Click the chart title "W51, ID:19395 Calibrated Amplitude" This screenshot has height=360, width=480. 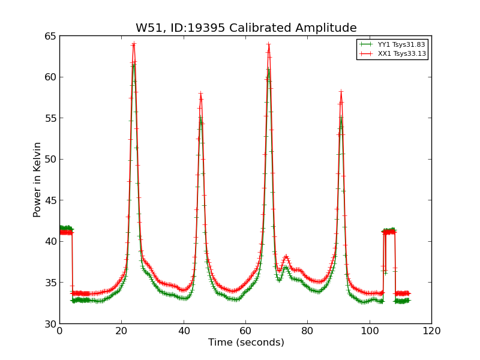point(246,28)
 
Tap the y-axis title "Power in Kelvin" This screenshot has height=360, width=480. point(37,179)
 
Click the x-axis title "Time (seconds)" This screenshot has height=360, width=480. point(246,343)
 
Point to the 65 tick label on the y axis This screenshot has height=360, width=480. point(50,36)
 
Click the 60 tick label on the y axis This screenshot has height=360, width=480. point(50,77)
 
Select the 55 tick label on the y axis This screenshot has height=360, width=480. point(50,118)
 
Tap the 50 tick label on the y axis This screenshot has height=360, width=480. point(50,159)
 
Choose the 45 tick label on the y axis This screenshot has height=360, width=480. point(50,200)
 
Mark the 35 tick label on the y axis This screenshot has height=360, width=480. point(50,283)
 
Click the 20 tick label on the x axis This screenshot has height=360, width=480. point(122,331)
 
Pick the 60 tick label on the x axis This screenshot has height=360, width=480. point(245,331)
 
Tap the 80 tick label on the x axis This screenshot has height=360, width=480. point(308,331)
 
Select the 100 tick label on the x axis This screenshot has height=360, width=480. point(370,331)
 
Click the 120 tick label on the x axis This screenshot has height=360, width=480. point(431,331)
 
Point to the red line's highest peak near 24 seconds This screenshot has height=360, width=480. point(134,43)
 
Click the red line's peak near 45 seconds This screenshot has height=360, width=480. point(200,94)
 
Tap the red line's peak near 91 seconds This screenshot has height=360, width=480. point(341,91)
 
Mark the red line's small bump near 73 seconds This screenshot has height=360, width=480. point(286,256)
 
